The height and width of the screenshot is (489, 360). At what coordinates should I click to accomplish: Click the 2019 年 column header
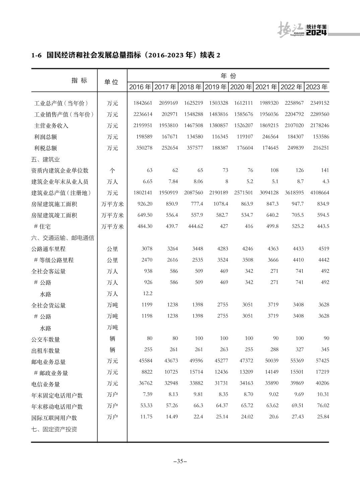click(x=216, y=87)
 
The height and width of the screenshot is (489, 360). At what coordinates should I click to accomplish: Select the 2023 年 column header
click(x=317, y=87)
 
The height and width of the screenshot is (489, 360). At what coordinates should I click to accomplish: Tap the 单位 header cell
click(x=112, y=82)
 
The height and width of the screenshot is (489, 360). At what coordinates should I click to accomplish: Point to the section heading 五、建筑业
click(x=46, y=159)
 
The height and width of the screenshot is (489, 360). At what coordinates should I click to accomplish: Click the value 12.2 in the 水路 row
click(x=147, y=293)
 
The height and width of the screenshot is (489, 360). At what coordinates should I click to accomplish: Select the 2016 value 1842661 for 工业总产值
click(x=143, y=103)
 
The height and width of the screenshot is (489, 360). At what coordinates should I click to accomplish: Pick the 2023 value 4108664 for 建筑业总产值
click(x=319, y=193)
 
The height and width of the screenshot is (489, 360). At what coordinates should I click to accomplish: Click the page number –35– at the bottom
click(x=180, y=461)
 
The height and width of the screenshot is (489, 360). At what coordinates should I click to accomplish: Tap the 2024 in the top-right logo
click(x=316, y=33)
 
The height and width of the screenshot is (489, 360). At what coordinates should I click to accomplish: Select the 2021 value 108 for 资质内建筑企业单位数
click(x=274, y=170)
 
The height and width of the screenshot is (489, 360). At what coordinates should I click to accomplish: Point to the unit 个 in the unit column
click(x=112, y=170)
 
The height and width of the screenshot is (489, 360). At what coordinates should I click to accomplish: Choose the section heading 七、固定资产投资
click(x=54, y=429)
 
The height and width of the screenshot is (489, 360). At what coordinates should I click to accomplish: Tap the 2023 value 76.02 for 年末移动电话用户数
click(x=323, y=405)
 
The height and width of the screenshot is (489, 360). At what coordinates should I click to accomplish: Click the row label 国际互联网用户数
click(x=54, y=418)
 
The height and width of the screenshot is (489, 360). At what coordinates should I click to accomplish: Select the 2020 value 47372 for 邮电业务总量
click(x=246, y=361)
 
